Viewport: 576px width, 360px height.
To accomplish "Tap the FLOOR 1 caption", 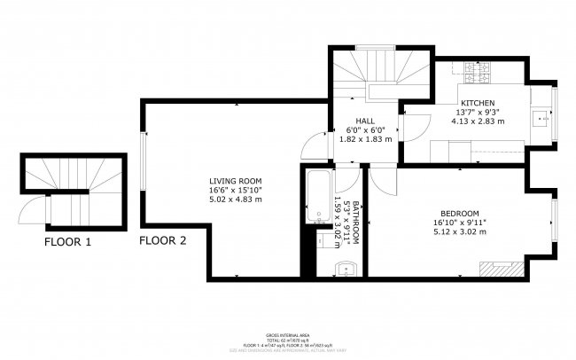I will (69, 240).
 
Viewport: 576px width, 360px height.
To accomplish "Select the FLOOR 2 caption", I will (163, 240).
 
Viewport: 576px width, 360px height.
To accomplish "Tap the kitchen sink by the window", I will (541, 115).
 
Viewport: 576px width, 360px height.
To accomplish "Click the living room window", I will (143, 159).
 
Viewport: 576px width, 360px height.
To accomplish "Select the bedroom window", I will (555, 223).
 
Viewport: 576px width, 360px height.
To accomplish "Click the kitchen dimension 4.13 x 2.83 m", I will (476, 121).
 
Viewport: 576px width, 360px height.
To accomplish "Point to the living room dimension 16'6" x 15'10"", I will (236, 190).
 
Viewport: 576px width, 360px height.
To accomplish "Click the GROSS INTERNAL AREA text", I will (288, 335).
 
